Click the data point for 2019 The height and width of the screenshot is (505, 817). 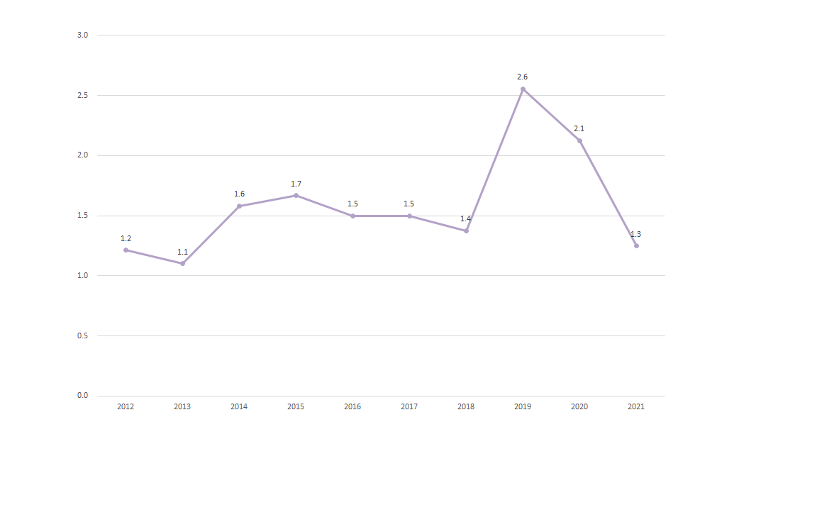point(523,89)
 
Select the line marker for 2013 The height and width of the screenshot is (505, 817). point(182,263)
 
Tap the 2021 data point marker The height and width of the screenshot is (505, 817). point(636,245)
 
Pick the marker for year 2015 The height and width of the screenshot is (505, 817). point(296,195)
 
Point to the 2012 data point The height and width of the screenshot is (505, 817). point(126,250)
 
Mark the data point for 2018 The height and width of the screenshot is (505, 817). point(466,231)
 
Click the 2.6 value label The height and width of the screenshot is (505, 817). point(523,77)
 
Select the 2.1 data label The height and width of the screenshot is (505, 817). point(579,128)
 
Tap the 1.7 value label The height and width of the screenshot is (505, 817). point(296,184)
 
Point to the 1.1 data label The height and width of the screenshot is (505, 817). point(182,252)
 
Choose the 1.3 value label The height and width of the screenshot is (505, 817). point(636,234)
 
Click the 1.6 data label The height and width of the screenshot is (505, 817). point(239,194)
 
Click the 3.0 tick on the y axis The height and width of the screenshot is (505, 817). point(83,35)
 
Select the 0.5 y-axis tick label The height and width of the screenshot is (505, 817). point(83,335)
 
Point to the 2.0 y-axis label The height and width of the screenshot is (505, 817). point(83,155)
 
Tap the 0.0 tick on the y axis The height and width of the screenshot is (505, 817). point(83,395)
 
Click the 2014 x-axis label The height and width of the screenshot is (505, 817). point(239,406)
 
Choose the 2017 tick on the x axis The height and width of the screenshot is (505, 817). point(409,406)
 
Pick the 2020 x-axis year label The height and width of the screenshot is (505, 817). point(579,406)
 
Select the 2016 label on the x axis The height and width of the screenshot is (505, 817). point(352,406)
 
